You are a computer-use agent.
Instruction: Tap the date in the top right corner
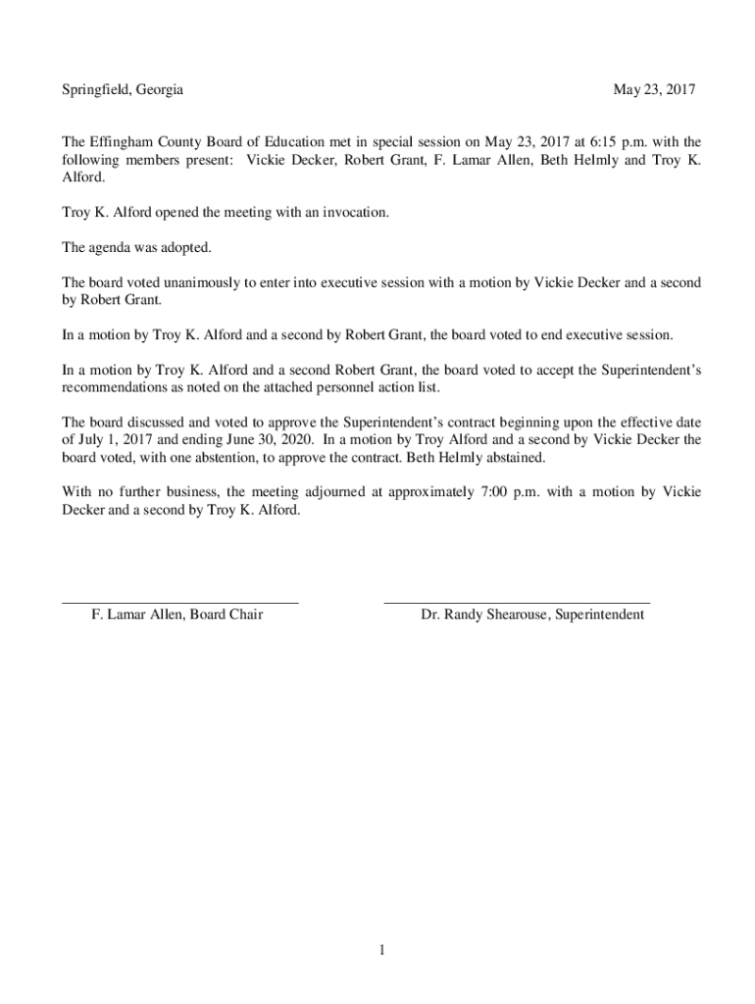pos(654,89)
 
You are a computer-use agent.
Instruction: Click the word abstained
pos(513,458)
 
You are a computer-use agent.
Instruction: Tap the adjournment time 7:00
pos(489,493)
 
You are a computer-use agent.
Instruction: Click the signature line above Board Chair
pos(180,601)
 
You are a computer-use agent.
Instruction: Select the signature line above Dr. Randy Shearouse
pos(517,601)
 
